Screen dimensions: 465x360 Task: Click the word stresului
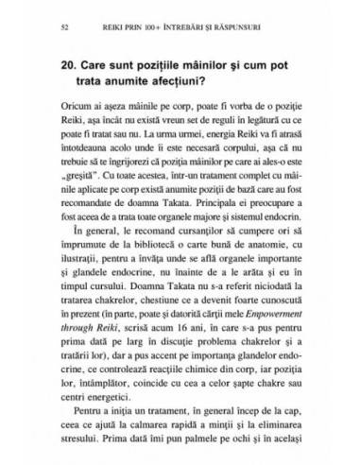tap(79, 435)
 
